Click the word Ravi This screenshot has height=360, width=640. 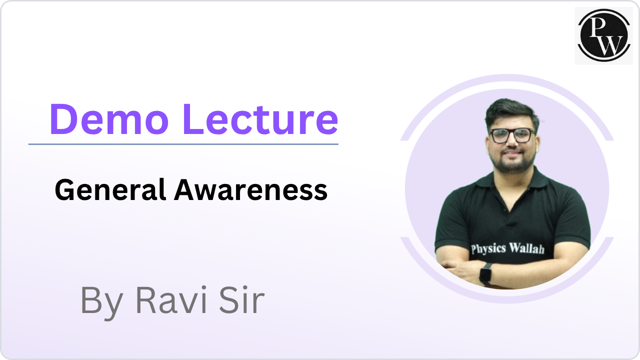coord(167,300)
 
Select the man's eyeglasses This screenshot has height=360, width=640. coord(512,135)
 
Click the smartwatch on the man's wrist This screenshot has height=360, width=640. coord(485,273)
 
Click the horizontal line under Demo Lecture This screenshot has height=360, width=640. coord(183,144)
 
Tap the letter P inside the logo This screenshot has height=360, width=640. coord(597,28)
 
